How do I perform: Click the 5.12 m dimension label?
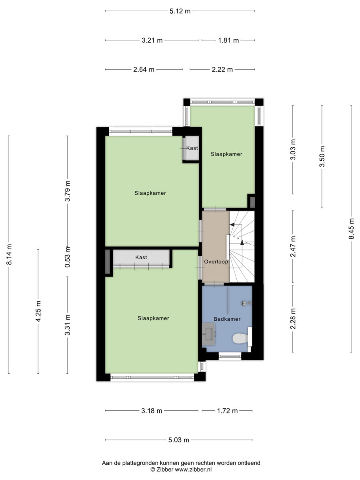[x=180, y=11]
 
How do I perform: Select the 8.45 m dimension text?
[x=351, y=229]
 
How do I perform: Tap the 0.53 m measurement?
[x=67, y=257]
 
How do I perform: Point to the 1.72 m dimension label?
[x=227, y=411]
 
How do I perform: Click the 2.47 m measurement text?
[x=293, y=246]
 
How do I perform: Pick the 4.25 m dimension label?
[x=38, y=311]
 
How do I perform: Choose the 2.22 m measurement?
[x=222, y=70]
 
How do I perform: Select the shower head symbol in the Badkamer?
[x=246, y=303]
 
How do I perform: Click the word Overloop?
[x=216, y=262]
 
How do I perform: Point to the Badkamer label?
[x=227, y=319]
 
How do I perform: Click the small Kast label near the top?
[x=192, y=148]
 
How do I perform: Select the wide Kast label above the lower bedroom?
[x=141, y=257]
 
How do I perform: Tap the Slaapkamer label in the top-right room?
[x=226, y=154]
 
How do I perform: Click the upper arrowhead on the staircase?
[x=232, y=224]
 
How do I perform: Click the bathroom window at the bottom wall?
[x=230, y=356]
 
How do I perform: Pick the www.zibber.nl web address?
[x=193, y=470]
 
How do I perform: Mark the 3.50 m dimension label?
[x=322, y=156]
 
